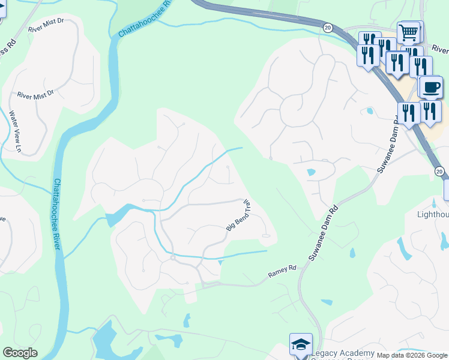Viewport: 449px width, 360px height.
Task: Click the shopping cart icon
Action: tap(409, 31)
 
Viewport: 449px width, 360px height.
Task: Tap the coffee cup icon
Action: tap(430, 88)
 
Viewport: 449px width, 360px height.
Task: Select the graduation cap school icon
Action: tap(301, 344)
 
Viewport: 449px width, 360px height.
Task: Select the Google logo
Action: tap(20, 352)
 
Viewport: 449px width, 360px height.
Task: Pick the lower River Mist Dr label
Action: tap(35, 94)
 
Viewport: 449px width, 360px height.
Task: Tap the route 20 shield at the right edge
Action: tap(439, 172)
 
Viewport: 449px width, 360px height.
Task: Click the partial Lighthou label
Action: tap(433, 214)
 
